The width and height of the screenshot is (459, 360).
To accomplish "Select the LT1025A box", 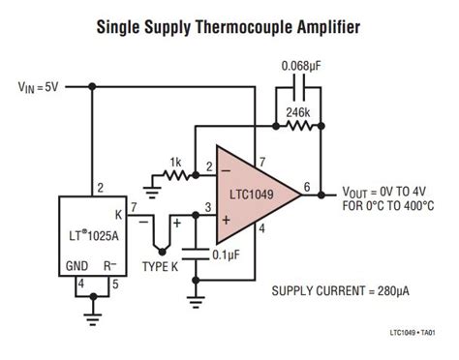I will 93,241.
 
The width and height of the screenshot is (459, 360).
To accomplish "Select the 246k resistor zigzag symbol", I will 296,126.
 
